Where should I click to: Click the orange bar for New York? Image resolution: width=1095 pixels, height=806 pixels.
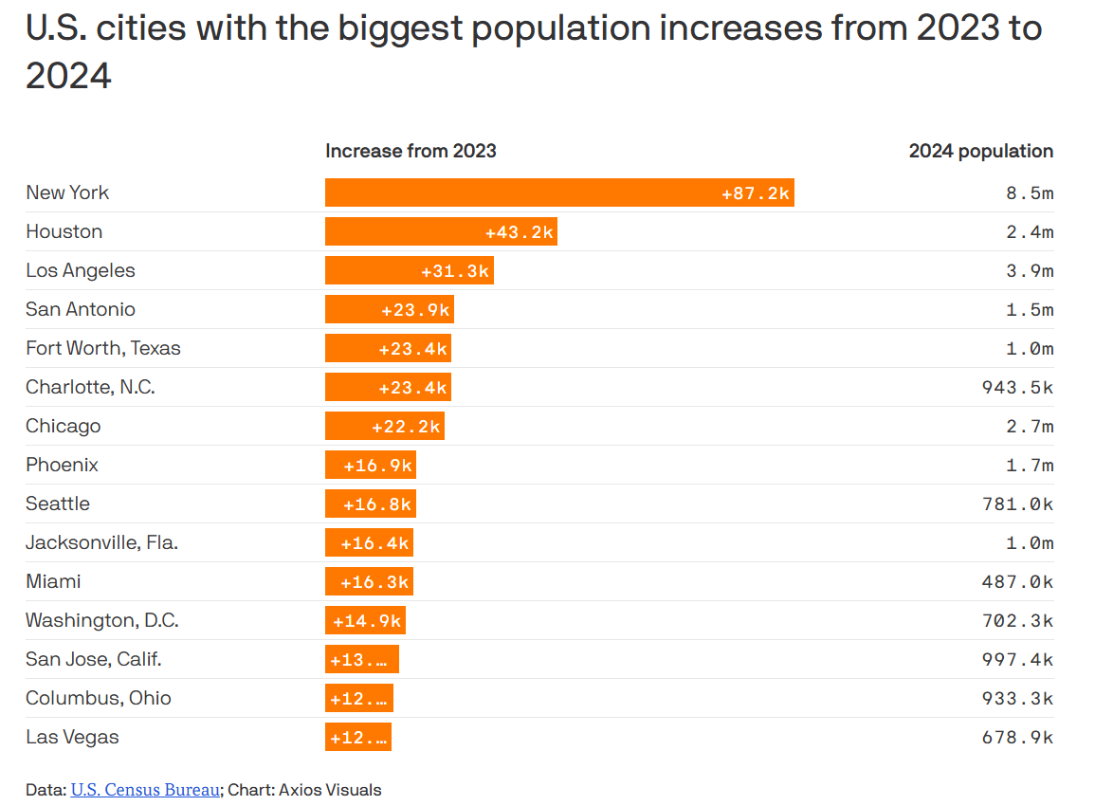click(559, 192)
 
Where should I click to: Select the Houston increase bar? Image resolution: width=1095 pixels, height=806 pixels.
click(441, 231)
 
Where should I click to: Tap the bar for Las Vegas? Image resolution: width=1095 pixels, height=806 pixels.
click(358, 737)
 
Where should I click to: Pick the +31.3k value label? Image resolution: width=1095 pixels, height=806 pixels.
click(455, 270)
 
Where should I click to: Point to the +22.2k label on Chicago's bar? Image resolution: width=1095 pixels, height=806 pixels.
click(406, 426)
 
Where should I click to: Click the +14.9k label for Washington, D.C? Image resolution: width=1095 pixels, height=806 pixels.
click(367, 620)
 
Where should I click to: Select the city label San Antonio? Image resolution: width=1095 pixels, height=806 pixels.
click(81, 309)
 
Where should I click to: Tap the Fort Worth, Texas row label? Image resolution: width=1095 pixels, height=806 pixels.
click(103, 348)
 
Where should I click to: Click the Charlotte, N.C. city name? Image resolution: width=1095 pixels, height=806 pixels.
click(90, 387)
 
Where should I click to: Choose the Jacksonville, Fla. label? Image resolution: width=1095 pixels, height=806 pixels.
click(102, 542)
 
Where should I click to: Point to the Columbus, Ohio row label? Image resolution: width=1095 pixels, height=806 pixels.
click(99, 698)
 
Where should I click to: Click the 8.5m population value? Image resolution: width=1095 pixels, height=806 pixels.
click(1030, 192)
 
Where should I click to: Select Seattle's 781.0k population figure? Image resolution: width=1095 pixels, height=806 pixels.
click(1017, 504)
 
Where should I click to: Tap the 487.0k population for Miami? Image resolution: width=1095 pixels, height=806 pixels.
click(1017, 581)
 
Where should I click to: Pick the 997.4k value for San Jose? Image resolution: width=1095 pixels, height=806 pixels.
click(1017, 659)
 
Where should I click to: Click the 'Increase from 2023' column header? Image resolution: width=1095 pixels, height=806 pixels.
click(411, 151)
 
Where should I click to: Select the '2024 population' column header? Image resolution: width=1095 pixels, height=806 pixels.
click(980, 151)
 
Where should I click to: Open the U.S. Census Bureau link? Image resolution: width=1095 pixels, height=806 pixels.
click(145, 789)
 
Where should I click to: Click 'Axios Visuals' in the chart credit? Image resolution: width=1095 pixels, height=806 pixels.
click(330, 789)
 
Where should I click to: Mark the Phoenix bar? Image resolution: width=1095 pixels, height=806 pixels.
click(371, 465)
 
